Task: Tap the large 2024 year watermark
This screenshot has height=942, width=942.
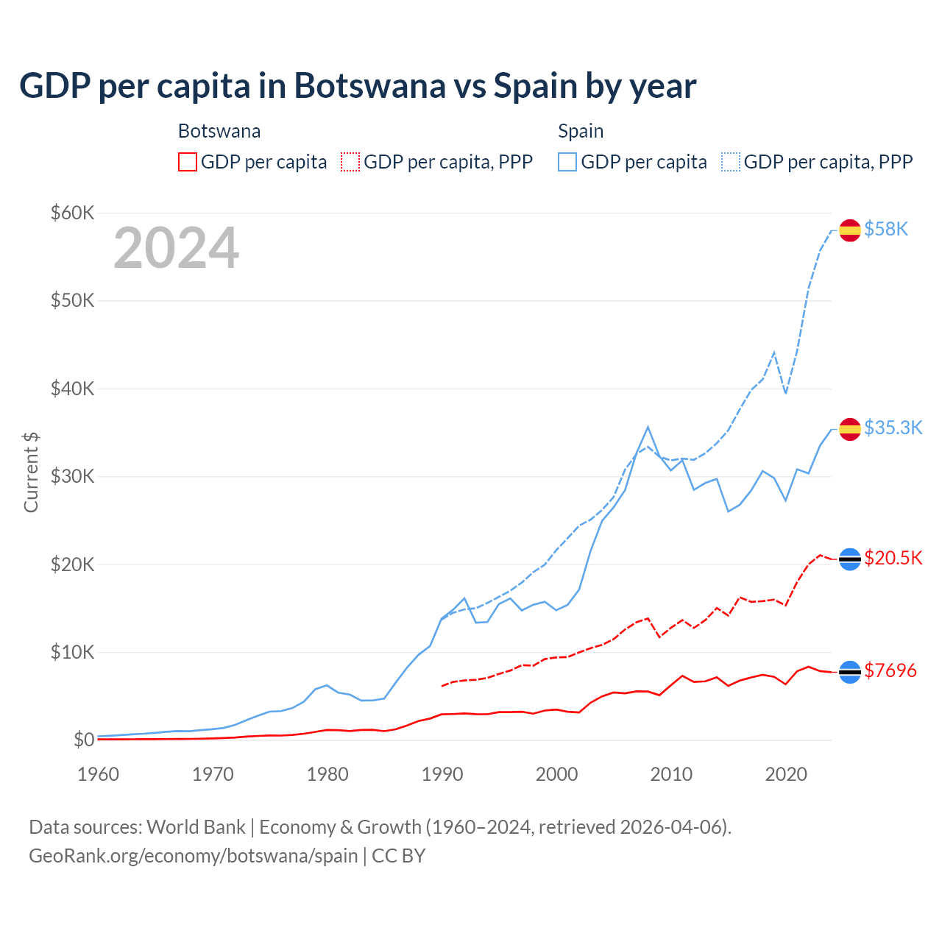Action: tap(176, 248)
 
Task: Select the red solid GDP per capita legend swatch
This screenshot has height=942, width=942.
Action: tap(188, 162)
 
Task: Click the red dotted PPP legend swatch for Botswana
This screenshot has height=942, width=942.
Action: tap(350, 162)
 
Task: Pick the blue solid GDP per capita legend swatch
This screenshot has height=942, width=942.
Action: tap(567, 162)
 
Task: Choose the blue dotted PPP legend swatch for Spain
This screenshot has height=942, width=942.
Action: tap(731, 162)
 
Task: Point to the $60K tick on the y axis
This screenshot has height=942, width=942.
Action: tap(72, 213)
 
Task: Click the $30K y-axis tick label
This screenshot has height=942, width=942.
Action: tap(72, 476)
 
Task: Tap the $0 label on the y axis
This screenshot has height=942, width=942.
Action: tap(83, 740)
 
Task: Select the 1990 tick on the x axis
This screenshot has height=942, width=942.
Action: tap(442, 774)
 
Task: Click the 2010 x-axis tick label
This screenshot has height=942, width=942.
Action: tap(671, 774)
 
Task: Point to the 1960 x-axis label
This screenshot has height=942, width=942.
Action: tap(99, 774)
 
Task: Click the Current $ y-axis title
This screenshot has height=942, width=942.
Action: tap(31, 472)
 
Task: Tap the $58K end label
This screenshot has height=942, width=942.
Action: tap(886, 230)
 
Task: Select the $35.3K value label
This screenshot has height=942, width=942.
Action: tap(893, 428)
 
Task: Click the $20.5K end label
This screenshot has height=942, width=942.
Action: tap(893, 558)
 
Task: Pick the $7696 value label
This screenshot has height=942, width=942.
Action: tap(890, 671)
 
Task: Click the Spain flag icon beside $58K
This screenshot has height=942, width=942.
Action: tap(850, 230)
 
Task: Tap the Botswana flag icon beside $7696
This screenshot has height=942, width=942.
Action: tap(850, 672)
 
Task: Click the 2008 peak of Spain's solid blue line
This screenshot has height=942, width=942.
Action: tap(648, 427)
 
